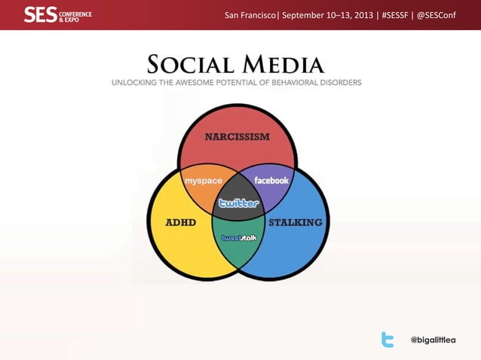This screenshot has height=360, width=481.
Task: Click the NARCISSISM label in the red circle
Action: pos(237,136)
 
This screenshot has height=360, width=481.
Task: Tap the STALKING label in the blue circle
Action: pos(296,222)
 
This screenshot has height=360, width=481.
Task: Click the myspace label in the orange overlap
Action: pos(204,181)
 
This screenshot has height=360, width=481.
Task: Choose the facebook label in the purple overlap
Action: pos(271,181)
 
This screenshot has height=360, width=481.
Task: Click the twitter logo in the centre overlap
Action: pos(238,203)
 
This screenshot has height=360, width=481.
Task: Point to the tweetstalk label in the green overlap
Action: pos(238,238)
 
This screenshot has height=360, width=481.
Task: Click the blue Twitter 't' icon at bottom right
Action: pos(388,340)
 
